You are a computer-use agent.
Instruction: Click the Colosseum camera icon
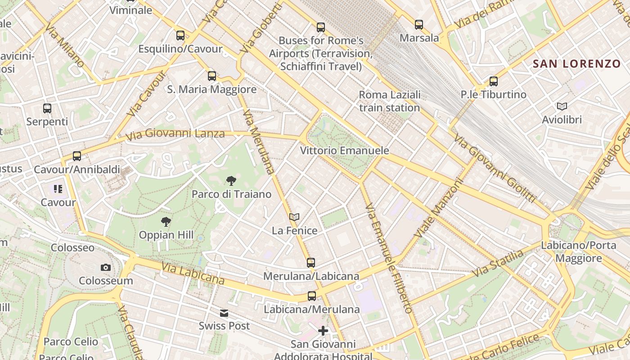coord(106,268)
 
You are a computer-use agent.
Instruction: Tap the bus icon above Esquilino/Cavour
coord(180,35)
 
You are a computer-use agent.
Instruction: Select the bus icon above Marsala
coord(419,25)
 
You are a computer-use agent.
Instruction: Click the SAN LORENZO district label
coord(577,64)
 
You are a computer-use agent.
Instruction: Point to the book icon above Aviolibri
coord(562,106)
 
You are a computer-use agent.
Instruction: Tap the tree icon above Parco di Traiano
coord(231,181)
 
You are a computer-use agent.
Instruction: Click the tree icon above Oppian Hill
coord(166,221)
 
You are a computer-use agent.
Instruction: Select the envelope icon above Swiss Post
coord(224,313)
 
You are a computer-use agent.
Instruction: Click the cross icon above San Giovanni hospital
coord(323,331)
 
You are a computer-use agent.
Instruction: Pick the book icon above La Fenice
coord(294,217)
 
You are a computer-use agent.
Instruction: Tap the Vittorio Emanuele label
coord(345,150)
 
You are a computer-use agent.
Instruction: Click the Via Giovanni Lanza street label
coord(175,134)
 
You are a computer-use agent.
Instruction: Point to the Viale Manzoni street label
coord(439,208)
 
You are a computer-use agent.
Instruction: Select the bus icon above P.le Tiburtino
coord(494,81)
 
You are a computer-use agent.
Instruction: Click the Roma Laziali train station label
coord(390,101)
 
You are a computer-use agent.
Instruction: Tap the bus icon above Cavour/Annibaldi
coord(77,156)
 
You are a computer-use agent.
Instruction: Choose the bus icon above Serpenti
coord(47,108)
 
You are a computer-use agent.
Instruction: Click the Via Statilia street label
coord(498,263)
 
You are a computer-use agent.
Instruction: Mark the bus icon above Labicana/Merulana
coord(312,296)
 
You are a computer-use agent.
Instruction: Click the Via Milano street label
coord(64,45)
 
